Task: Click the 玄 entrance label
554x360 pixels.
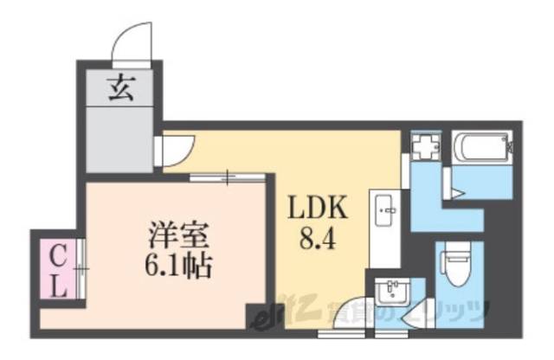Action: click(x=121, y=88)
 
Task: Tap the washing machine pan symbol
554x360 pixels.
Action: click(x=424, y=147)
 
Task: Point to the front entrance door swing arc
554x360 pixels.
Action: click(x=132, y=43)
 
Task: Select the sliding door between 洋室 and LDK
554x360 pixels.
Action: click(x=228, y=178)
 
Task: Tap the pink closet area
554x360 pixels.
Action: click(x=57, y=270)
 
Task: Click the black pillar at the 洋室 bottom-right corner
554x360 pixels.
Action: click(x=255, y=317)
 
